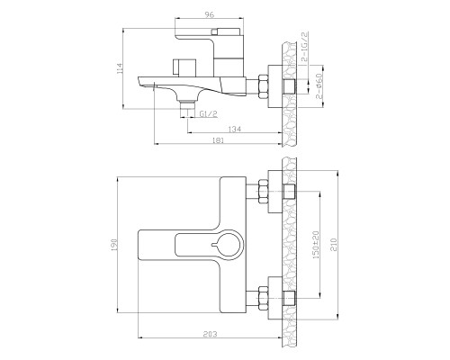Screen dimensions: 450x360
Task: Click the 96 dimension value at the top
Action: point(210,14)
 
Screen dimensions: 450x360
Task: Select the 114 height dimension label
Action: point(120,68)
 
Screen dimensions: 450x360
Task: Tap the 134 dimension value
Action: point(235,129)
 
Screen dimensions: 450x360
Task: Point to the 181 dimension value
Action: point(218,140)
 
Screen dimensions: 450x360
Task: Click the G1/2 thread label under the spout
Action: point(209,114)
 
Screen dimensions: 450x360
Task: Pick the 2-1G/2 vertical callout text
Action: point(304,47)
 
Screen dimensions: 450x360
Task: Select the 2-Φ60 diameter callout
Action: point(319,86)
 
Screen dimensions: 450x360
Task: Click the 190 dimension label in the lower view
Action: point(113,245)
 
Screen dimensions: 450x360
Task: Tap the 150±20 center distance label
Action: point(316,245)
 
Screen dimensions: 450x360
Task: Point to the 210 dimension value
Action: point(334,245)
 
